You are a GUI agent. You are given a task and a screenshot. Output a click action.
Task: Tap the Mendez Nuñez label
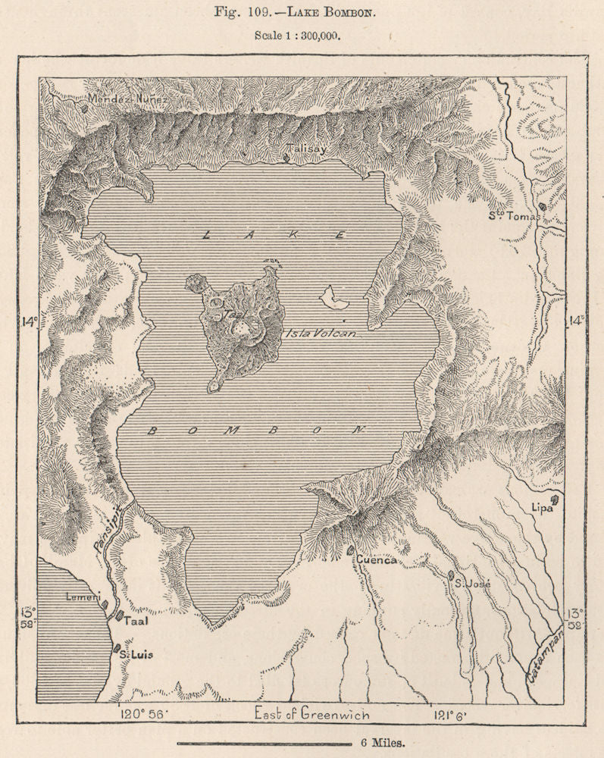(127, 99)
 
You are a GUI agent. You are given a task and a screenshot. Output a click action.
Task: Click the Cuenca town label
(376, 560)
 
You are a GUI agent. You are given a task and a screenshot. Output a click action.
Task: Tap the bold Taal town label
(136, 620)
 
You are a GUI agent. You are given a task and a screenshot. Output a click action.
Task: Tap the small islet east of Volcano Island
(333, 299)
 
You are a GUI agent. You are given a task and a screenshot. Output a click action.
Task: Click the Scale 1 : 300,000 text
(302, 35)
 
